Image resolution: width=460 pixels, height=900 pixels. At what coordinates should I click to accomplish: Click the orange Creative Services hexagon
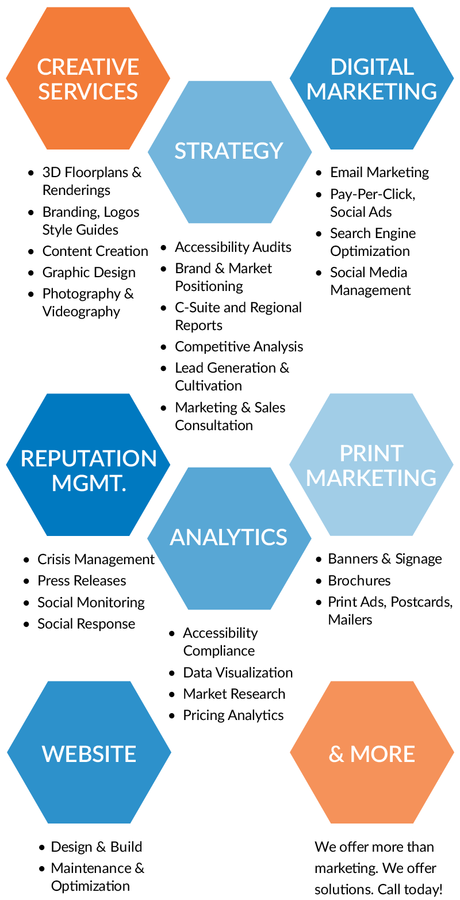pos(88,78)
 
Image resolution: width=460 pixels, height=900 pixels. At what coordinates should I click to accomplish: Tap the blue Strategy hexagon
pos(229,151)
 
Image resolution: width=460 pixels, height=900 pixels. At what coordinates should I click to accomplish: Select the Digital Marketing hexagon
pos(371,78)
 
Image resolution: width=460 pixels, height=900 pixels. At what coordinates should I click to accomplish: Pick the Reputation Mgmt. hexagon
pos(88,465)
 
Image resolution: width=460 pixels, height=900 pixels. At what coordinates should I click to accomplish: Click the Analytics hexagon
pos(229,538)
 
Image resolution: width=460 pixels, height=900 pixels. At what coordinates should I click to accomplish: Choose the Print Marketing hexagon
pos(371,465)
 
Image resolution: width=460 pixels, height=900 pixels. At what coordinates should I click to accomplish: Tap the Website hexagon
pos(89,753)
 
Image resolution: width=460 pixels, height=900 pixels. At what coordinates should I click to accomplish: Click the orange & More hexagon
pos(371,753)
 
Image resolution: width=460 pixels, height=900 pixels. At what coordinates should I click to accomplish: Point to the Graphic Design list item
pos(89,273)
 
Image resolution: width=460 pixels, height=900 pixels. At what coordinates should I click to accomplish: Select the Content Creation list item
pos(95,251)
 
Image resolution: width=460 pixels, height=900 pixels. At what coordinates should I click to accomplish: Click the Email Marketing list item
pos(379,173)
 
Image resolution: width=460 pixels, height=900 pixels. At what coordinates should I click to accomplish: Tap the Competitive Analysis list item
pos(239,347)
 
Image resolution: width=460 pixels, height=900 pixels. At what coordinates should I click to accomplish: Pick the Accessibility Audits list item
pos(233,247)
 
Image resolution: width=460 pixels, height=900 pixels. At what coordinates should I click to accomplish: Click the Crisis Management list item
pos(95,560)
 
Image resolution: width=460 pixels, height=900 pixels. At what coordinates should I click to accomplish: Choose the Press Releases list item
pos(82,581)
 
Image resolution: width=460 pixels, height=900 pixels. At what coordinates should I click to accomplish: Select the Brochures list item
pos(359,581)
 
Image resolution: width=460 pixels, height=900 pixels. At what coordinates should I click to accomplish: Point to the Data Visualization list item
pos(238,673)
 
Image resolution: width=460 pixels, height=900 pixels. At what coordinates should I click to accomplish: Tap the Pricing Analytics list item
pos(233,715)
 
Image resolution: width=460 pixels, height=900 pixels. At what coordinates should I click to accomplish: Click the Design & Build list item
pos(97,847)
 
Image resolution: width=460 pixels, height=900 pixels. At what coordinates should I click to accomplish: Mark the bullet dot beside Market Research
pos(172,695)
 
